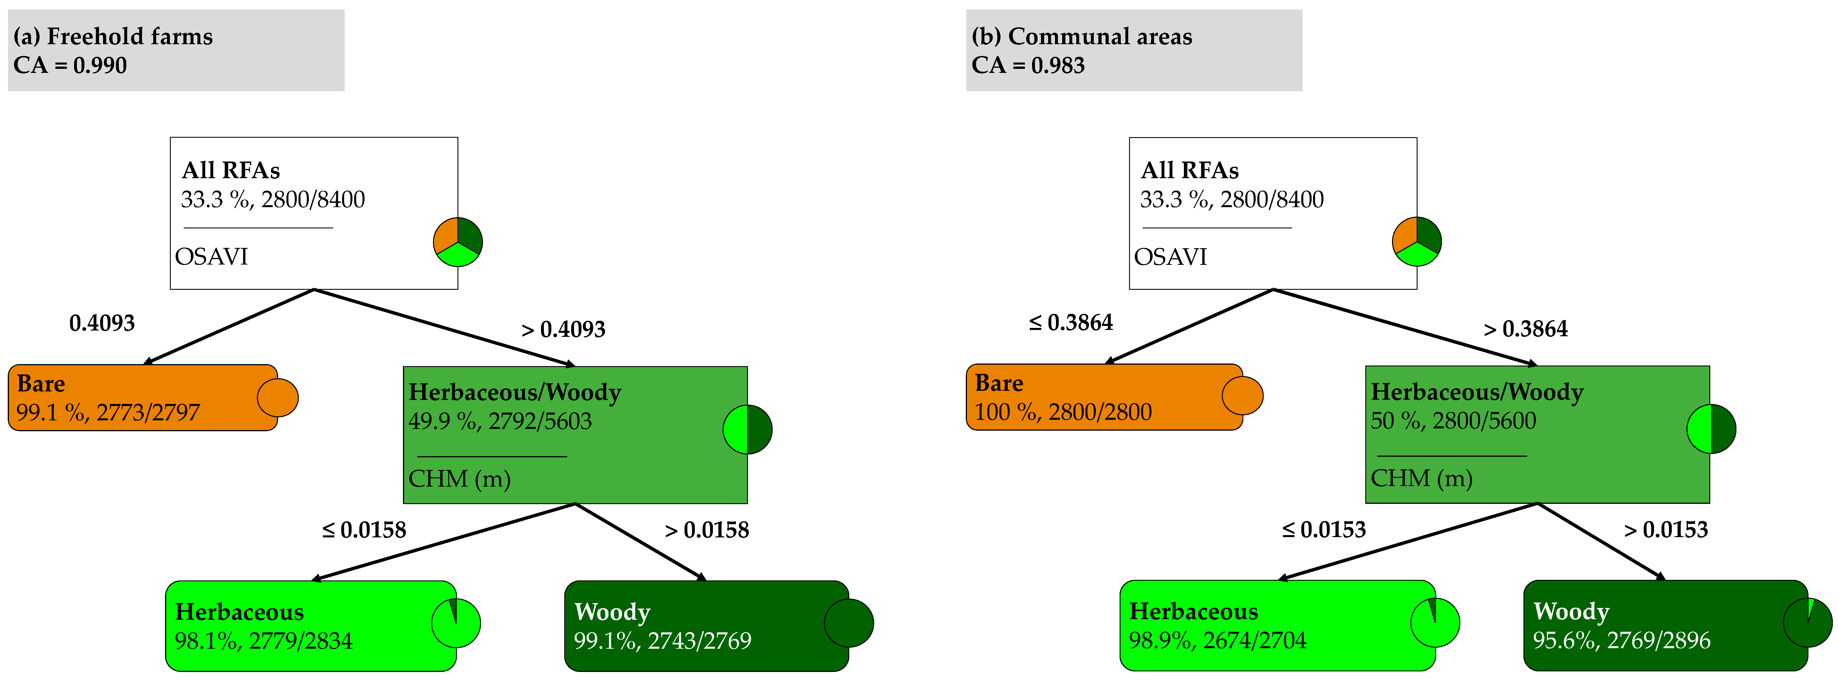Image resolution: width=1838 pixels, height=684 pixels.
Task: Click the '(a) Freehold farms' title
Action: click(x=113, y=36)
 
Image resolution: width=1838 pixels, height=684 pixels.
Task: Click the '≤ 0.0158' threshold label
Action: click(x=364, y=530)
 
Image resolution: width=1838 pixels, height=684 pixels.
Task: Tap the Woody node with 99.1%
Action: click(x=706, y=625)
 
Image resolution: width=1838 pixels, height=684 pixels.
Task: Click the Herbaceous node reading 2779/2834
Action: click(x=310, y=625)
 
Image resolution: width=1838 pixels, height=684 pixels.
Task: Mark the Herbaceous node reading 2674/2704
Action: click(x=1277, y=625)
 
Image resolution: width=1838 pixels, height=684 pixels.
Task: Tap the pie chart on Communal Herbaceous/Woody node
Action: click(x=1711, y=429)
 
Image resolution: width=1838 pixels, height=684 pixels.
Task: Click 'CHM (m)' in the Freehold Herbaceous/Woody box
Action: click(x=459, y=479)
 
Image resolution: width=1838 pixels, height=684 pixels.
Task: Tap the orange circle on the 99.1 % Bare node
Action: click(x=278, y=397)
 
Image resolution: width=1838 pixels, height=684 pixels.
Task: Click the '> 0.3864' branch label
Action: click(x=1525, y=329)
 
